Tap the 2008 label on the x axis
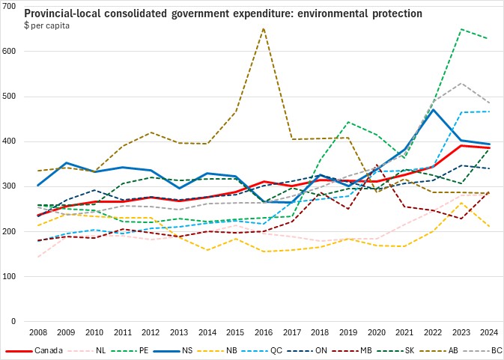(38, 332)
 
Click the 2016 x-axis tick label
(264, 332)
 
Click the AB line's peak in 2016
(264, 28)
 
